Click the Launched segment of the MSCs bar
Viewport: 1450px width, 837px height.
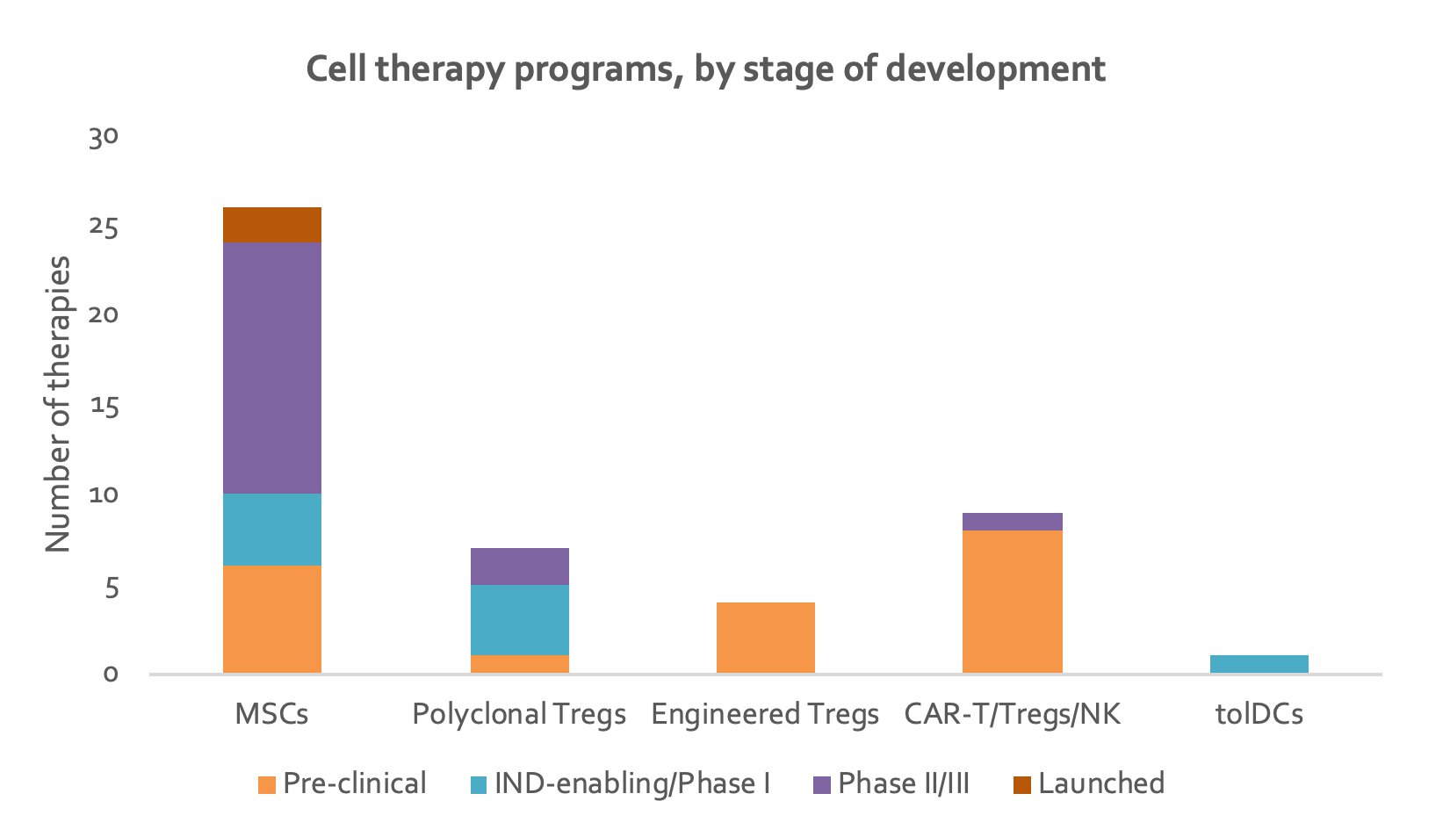click(272, 225)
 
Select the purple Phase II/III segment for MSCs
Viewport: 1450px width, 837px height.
click(272, 368)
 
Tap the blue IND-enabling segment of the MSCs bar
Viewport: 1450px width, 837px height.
click(272, 530)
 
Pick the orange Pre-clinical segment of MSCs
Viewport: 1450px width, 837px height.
click(272, 619)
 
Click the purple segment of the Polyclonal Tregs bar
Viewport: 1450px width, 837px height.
click(519, 566)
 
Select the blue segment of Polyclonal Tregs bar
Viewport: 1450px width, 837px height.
click(519, 620)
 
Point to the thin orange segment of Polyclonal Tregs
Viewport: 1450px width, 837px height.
click(519, 664)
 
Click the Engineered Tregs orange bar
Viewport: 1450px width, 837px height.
click(766, 638)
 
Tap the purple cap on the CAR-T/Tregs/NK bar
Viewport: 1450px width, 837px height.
click(1013, 522)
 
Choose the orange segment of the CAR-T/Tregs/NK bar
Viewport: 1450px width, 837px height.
click(1013, 602)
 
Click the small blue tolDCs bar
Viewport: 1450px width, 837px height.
click(1259, 664)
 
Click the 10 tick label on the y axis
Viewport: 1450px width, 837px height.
click(104, 495)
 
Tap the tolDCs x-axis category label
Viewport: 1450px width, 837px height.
click(1259, 714)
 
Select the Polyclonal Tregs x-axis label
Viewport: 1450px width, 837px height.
click(519, 714)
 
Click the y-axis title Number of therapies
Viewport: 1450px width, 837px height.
click(58, 404)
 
